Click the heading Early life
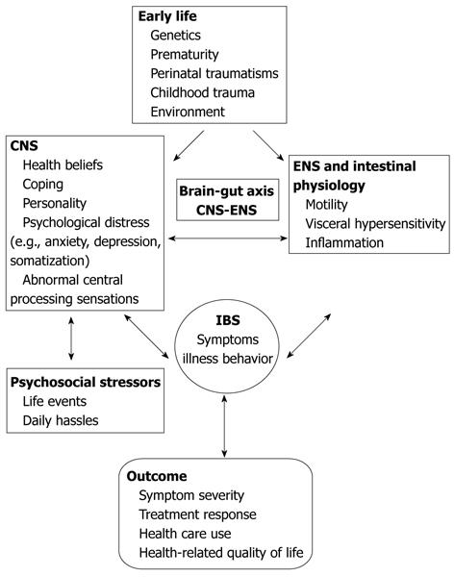(x=167, y=16)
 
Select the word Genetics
(x=175, y=36)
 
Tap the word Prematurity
(x=185, y=55)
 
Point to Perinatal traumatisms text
(x=214, y=73)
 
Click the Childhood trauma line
(x=202, y=92)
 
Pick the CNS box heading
(x=24, y=146)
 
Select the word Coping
(x=42, y=185)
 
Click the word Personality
(x=55, y=203)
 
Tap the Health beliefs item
(x=63, y=164)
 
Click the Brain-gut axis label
(x=226, y=191)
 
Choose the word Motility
(x=326, y=205)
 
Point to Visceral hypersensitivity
(x=375, y=224)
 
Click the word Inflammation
(x=344, y=243)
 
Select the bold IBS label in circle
(x=228, y=320)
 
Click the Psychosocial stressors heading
(x=86, y=383)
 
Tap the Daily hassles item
(x=61, y=420)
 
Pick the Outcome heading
(x=157, y=476)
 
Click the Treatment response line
(x=197, y=514)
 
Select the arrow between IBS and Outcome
(x=224, y=426)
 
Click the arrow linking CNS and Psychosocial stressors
(x=71, y=339)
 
